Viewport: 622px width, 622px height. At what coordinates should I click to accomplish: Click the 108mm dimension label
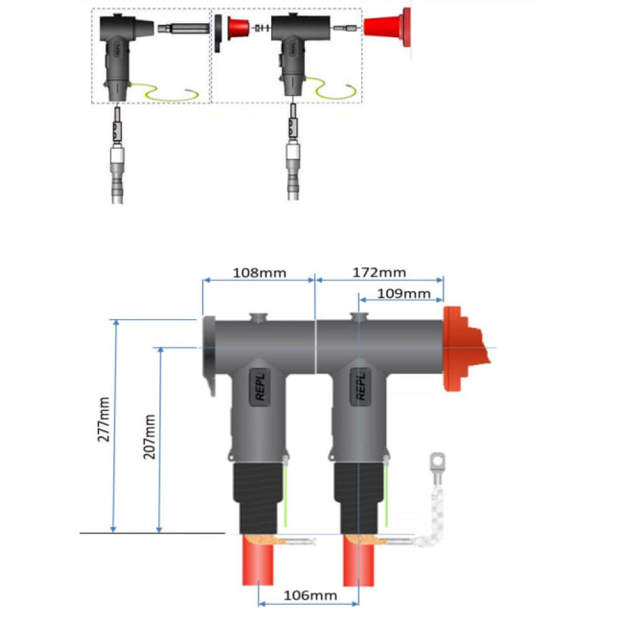[259, 273]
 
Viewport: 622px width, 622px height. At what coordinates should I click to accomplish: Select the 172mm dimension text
[379, 272]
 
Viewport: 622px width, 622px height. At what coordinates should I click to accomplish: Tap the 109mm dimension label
[404, 294]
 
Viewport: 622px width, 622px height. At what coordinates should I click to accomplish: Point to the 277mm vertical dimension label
[103, 419]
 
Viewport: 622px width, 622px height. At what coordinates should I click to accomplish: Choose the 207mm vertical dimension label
[149, 437]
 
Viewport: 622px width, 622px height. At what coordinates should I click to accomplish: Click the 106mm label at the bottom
[310, 595]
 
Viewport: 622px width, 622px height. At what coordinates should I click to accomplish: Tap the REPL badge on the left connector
[260, 387]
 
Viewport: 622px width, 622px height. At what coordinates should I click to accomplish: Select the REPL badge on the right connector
[360, 387]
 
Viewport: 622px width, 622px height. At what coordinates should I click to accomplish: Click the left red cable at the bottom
[258, 560]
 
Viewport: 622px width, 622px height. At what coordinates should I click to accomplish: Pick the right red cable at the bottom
[359, 560]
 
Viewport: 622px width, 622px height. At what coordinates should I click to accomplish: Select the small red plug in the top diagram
[238, 28]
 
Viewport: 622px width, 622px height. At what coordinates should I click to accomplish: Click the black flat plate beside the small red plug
[218, 34]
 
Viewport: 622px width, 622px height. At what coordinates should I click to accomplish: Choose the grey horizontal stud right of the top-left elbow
[183, 29]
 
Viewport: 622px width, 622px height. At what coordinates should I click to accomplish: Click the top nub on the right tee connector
[359, 317]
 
